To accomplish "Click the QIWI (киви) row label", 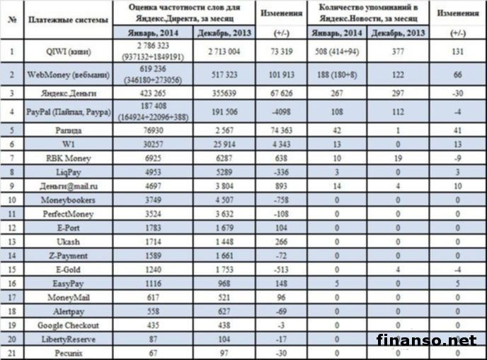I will point(68,51).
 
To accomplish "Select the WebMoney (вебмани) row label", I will point(68,74).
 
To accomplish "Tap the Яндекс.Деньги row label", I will point(68,92).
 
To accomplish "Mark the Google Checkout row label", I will point(68,325).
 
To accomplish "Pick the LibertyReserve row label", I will point(68,338).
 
